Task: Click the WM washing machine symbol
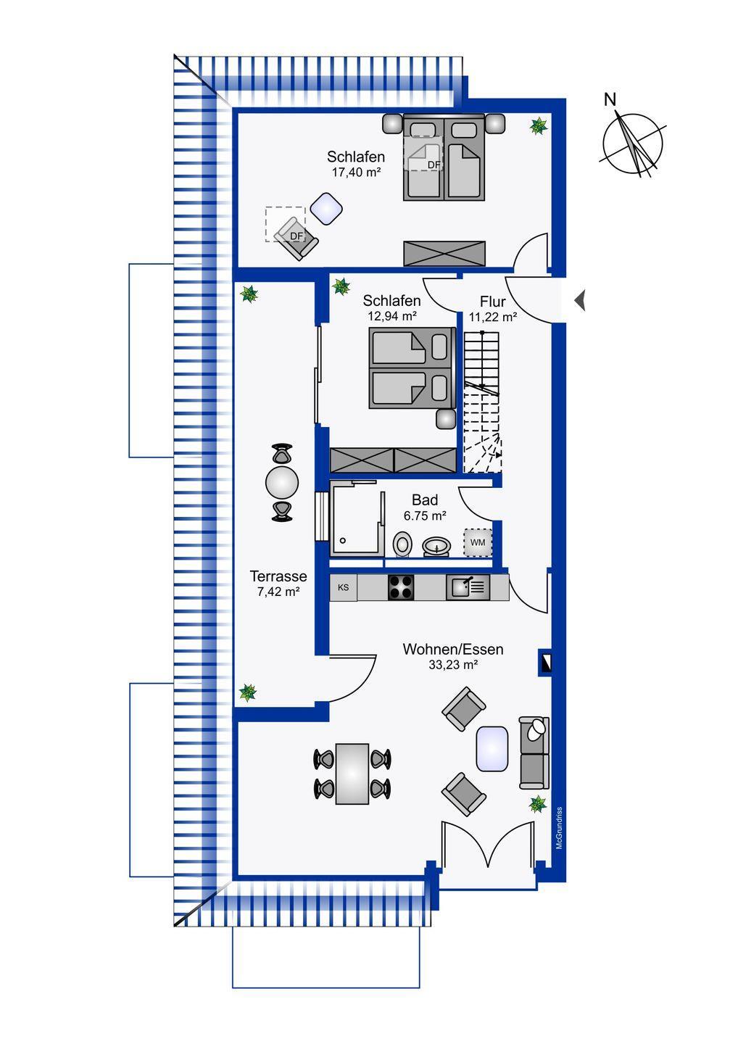point(478,542)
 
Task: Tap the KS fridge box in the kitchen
point(344,588)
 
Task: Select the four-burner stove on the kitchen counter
point(401,587)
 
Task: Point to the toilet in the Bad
point(402,544)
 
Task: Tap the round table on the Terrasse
point(282,483)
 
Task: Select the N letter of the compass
point(610,99)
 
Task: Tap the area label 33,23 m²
point(453,665)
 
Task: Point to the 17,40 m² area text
point(356,172)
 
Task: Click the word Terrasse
point(278,576)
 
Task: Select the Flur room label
point(492,302)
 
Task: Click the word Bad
point(424,500)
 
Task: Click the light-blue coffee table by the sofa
point(492,749)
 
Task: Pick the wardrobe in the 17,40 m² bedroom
point(444,254)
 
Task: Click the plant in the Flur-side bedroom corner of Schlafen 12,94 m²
point(341,286)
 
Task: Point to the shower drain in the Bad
point(343,541)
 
